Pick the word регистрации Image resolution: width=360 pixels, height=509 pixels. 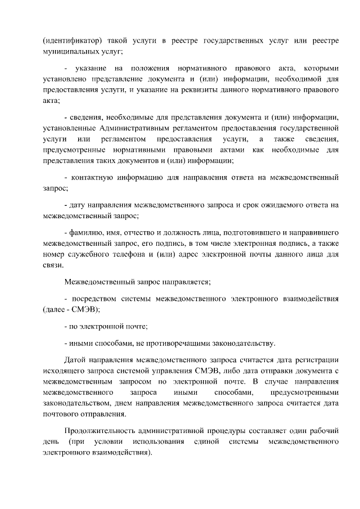(x=314, y=359)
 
